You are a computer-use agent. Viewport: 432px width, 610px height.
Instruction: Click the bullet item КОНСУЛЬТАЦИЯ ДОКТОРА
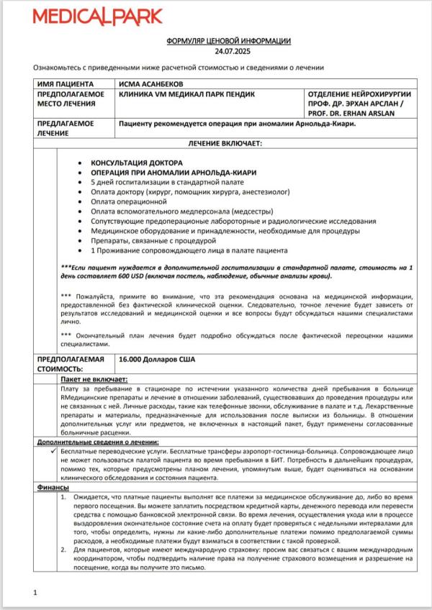point(137,163)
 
